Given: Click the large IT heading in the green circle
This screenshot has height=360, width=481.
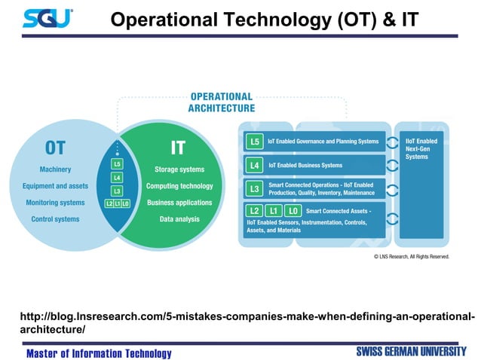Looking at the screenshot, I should [x=178, y=148].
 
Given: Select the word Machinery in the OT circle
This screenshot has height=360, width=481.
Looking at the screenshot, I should [x=55, y=169].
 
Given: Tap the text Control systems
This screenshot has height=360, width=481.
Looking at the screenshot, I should [x=55, y=219].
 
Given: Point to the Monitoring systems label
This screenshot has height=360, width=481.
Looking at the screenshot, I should [x=55, y=203].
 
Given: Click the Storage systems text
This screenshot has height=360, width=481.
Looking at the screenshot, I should [x=179, y=169].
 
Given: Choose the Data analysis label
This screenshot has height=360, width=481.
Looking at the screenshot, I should [x=179, y=219].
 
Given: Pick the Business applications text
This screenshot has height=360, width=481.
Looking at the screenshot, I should [x=179, y=203].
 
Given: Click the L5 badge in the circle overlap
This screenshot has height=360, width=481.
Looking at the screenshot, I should [x=117, y=163].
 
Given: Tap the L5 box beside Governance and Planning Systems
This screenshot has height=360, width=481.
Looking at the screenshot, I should [x=255, y=141].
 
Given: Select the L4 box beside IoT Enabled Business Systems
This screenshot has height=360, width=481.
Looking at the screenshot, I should [x=255, y=165].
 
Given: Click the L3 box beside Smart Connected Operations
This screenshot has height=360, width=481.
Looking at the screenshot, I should [x=255, y=188].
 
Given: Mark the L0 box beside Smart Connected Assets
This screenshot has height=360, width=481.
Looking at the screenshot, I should [x=293, y=212].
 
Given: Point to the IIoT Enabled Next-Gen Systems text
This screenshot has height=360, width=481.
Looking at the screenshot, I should [x=421, y=148].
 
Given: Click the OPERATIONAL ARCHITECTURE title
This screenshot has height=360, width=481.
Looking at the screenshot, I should [x=221, y=102].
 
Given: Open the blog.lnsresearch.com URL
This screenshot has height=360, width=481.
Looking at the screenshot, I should [x=246, y=322].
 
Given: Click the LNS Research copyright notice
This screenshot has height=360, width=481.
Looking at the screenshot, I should [x=411, y=256].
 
